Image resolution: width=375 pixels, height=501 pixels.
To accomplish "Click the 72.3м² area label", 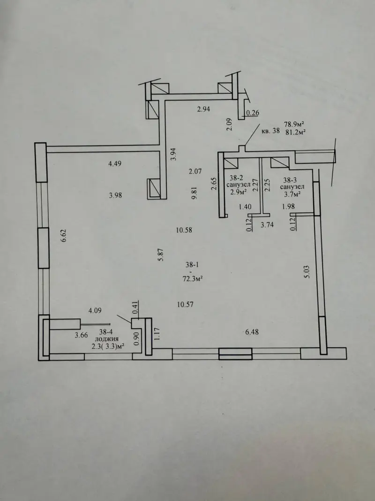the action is click(193, 278).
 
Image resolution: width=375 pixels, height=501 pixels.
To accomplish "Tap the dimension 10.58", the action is click(184, 230).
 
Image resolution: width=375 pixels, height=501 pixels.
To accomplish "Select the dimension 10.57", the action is click(185, 305).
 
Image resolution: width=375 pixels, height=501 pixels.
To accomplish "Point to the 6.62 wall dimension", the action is click(63, 235).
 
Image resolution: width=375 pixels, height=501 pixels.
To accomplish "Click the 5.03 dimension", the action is click(307, 271).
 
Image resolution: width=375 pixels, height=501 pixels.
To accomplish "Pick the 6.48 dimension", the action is click(252, 332).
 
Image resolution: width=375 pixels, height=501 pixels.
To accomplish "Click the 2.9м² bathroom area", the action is click(239, 193).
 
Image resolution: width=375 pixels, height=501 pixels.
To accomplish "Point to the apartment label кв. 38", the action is click(270, 131).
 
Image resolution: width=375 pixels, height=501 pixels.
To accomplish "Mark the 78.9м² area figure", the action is click(294, 123).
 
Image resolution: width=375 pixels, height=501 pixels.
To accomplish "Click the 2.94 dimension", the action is click(203, 109).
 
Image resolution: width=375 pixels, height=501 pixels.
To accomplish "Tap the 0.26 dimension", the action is click(253, 113).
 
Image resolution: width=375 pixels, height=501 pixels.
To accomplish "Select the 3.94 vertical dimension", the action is click(173, 154).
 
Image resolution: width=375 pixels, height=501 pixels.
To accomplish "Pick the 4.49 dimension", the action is click(115, 163).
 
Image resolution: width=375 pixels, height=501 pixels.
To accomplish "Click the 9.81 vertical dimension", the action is click(194, 193).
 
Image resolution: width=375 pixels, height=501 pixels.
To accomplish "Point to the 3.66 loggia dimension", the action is click(81, 335).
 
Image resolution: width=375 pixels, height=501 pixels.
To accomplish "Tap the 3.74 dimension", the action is click(267, 224).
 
